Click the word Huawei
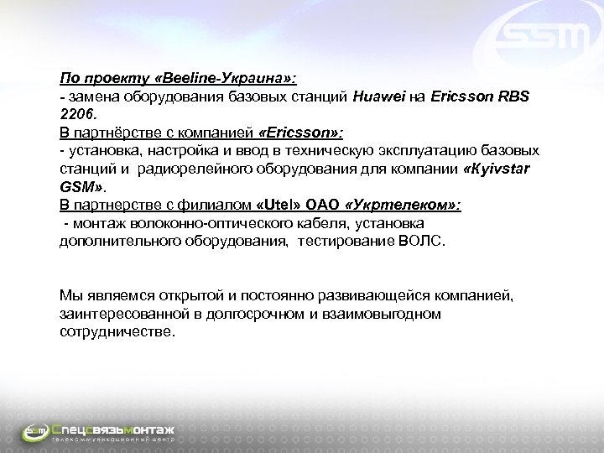[377, 96]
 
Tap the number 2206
[76, 113]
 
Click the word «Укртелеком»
[401, 204]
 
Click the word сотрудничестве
[117, 331]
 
